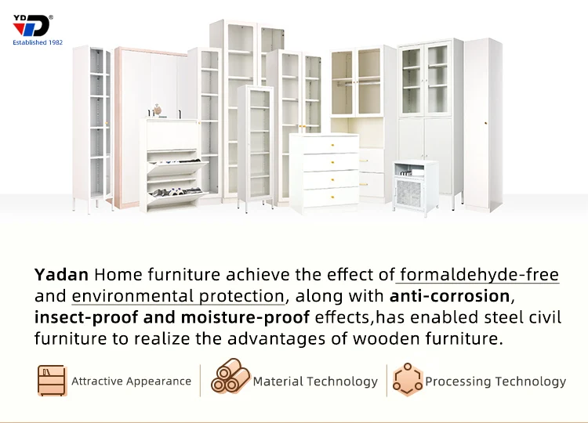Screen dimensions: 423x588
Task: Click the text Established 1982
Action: point(38,42)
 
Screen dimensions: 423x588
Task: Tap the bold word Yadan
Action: point(62,275)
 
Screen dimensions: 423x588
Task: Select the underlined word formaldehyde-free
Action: point(478,275)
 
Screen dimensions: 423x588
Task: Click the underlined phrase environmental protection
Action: point(178,296)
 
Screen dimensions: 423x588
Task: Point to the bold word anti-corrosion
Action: point(449,296)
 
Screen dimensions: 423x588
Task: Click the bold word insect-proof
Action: point(82,317)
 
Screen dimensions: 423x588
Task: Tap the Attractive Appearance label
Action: point(131,381)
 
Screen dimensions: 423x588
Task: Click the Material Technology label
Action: point(314,381)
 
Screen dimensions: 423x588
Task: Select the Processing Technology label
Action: point(495,381)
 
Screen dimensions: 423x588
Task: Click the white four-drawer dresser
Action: point(324,172)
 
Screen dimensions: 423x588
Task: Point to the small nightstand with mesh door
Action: point(415,185)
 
